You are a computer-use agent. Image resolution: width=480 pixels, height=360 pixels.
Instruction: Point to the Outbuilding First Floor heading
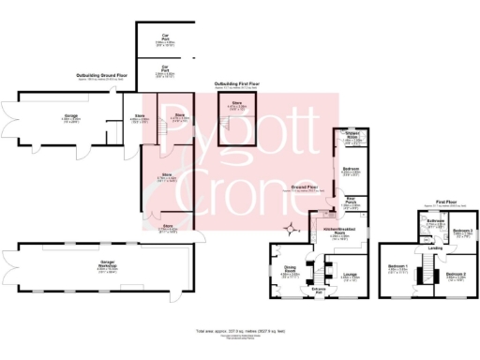click(239, 83)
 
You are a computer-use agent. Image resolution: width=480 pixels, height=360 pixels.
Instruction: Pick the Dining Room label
click(291, 271)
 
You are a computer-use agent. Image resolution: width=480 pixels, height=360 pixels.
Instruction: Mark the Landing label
click(436, 247)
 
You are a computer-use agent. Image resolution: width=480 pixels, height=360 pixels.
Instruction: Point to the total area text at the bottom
click(239, 332)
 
